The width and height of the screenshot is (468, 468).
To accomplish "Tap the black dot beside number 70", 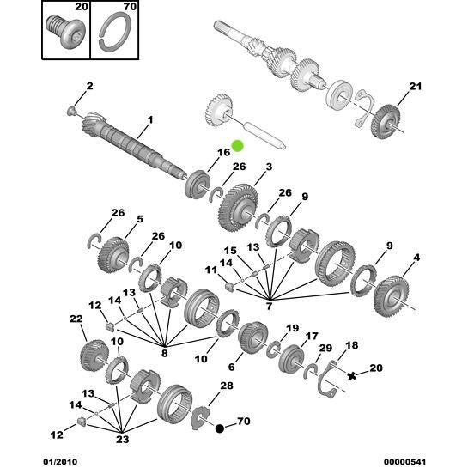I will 221,428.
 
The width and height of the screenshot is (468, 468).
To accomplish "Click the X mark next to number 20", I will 350,375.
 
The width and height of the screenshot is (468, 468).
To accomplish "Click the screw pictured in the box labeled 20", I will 66,36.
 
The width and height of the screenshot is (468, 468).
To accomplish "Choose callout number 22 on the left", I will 75,319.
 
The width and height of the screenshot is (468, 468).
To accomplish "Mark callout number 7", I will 270,306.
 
